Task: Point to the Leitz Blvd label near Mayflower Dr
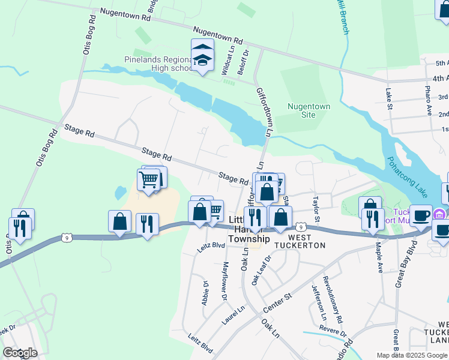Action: click(x=210, y=245)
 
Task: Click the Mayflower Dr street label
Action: click(x=225, y=281)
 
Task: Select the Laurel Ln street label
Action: click(x=233, y=316)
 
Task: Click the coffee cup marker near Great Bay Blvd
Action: click(x=421, y=215)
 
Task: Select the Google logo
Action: click(x=20, y=352)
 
